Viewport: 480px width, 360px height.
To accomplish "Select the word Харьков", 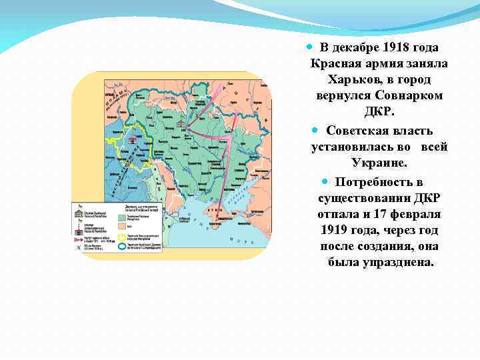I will tap(353, 80).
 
